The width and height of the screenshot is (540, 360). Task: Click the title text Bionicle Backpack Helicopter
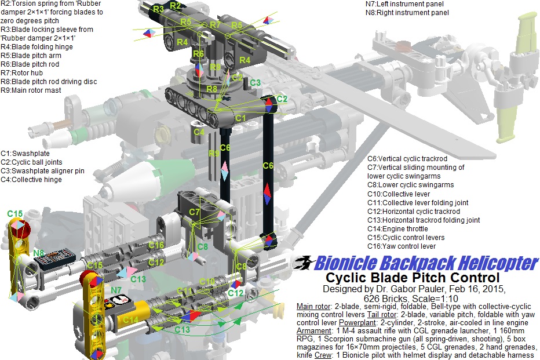pos(426,263)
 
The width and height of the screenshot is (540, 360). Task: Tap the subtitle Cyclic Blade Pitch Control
pos(413,278)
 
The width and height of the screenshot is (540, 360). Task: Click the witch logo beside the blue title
pos(304,263)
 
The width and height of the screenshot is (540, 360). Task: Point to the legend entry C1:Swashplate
pos(25,154)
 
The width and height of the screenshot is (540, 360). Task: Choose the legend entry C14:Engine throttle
pos(397,229)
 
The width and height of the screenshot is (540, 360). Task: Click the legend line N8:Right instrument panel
pos(407,13)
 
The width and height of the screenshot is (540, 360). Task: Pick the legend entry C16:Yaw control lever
pos(401,246)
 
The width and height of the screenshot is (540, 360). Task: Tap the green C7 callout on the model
pos(194,212)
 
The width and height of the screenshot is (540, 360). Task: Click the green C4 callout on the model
pos(199,132)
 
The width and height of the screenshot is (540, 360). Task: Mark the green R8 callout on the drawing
pos(211,89)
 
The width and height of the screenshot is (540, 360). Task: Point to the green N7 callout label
pos(116,291)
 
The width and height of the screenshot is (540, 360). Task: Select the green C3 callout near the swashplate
pos(255,83)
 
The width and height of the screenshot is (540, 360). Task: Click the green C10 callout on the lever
pos(207,282)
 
